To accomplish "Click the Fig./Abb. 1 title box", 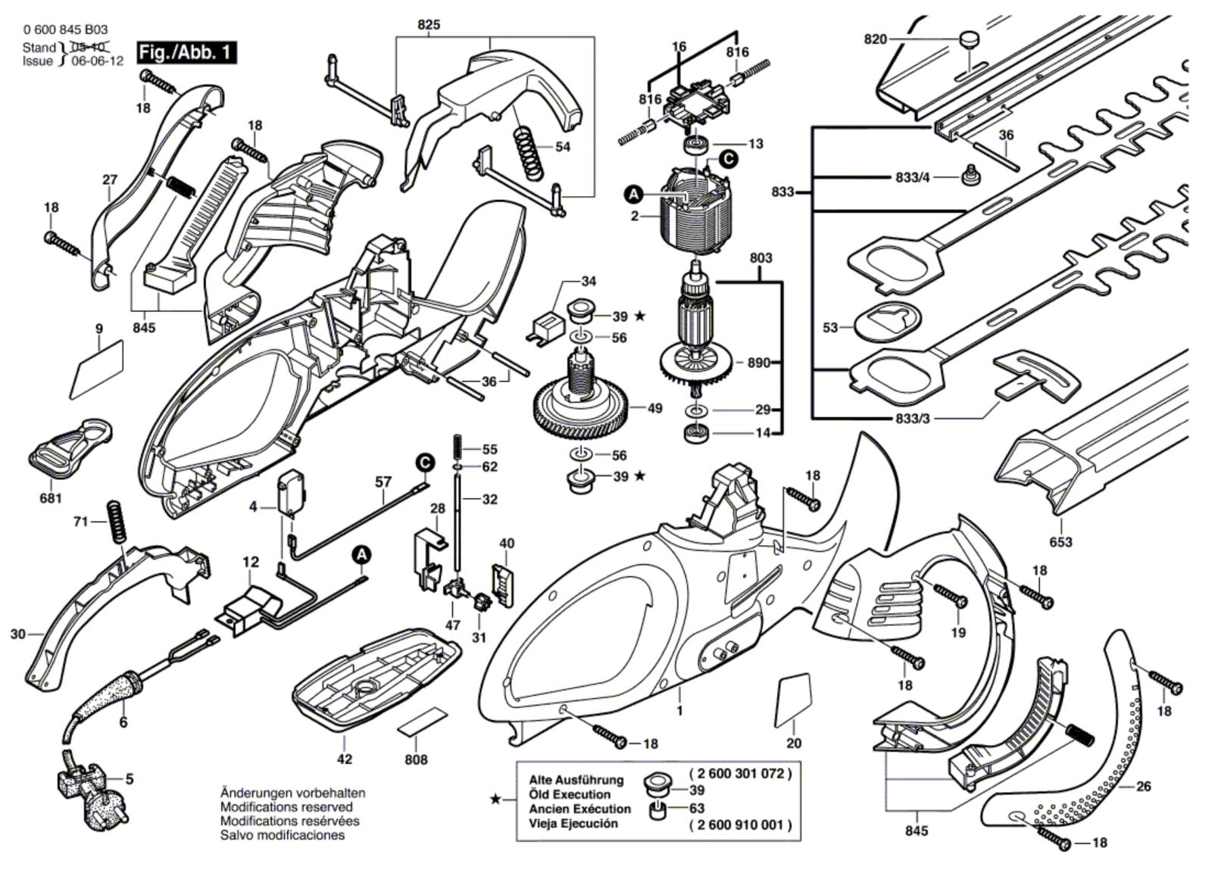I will tap(186, 53).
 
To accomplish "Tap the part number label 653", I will tap(1060, 542).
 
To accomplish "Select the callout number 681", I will tap(52, 498).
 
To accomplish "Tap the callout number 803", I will tap(761, 257).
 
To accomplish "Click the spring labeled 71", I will tap(116, 521).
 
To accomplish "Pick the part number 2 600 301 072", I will tap(740, 774).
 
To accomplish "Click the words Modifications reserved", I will tap(286, 807).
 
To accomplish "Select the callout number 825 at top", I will tap(429, 25).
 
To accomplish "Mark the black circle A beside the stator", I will tap(633, 195).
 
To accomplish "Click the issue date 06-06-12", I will tap(97, 61).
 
